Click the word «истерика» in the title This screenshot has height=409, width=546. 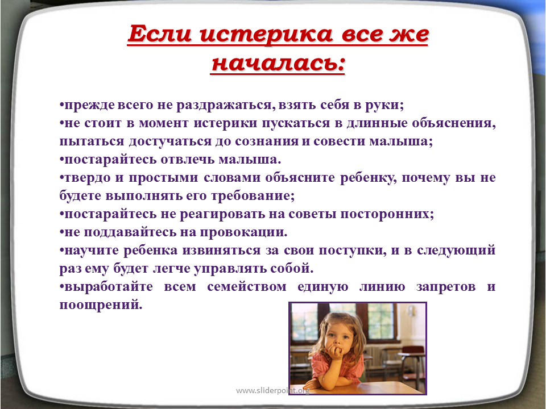[x=266, y=34]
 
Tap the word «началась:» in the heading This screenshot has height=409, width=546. [x=278, y=63]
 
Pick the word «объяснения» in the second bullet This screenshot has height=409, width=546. [x=454, y=123]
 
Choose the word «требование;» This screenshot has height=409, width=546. [x=253, y=196]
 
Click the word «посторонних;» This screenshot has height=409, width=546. [x=387, y=214]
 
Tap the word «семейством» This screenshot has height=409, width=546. [x=246, y=286]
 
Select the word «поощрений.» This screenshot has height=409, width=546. [x=101, y=305]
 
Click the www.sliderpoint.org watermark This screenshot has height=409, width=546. [x=272, y=390]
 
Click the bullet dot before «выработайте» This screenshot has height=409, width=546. [x=61, y=287]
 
